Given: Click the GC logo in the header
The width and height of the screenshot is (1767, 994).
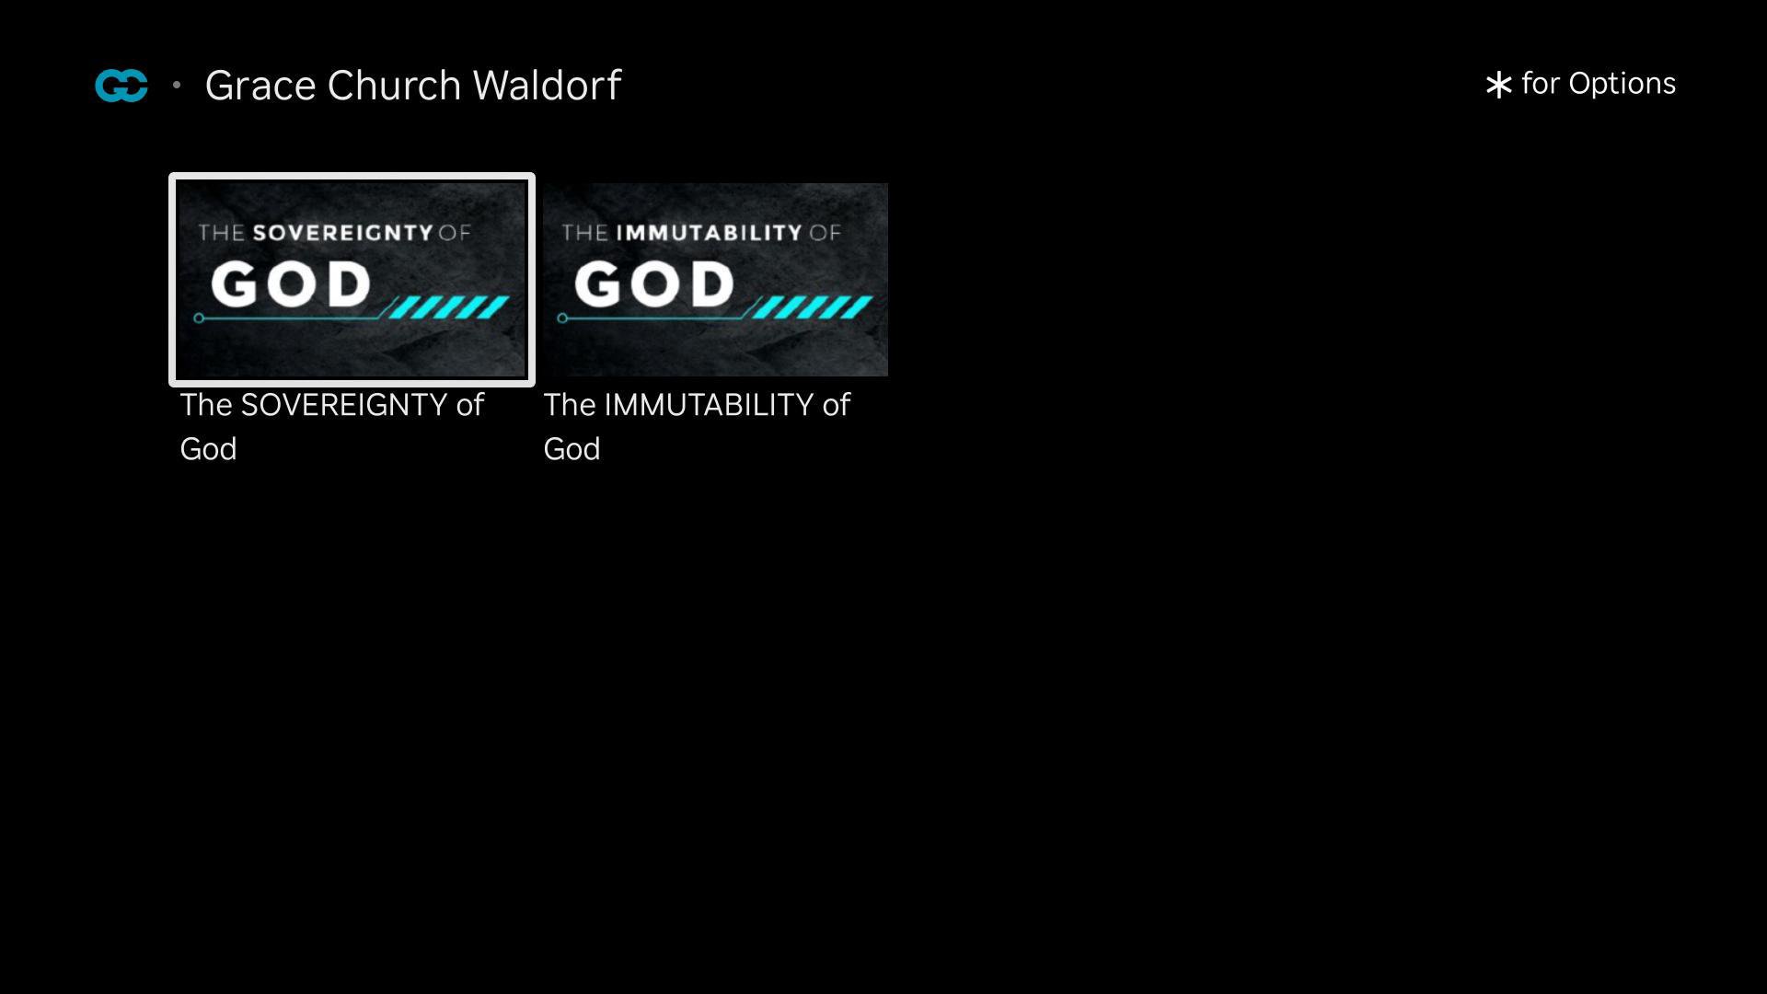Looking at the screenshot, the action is (121, 86).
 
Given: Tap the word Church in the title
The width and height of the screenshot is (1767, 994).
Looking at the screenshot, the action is (394, 85).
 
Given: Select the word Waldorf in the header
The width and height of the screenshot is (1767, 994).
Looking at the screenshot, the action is (548, 85).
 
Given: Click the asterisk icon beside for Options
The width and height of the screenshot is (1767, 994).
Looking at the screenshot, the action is (1498, 85).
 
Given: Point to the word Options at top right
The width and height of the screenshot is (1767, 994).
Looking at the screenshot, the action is (1622, 85).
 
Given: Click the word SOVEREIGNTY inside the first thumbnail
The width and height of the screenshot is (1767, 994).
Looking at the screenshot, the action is (342, 232).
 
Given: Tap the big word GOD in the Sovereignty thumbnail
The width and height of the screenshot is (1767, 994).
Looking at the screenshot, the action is (291, 283).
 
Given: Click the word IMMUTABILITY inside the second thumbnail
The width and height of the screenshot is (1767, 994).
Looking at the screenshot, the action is (709, 232).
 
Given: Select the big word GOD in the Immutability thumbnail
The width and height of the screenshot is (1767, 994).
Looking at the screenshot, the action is (654, 283).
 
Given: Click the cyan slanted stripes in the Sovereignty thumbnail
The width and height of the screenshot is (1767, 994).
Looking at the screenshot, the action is (449, 307).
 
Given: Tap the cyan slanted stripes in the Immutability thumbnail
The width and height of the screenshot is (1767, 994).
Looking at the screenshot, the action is (813, 307).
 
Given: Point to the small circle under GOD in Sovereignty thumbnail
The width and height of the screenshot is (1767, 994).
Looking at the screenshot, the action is (199, 318).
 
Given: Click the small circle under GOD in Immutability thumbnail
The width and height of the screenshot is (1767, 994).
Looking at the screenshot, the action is (562, 318).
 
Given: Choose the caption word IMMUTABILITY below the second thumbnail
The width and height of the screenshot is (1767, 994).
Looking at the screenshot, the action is (709, 405).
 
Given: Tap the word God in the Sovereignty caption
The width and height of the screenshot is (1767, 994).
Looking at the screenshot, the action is (208, 449).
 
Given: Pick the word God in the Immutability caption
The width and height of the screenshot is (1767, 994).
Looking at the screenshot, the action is (572, 449).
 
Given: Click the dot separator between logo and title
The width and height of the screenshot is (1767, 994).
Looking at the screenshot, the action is (177, 86).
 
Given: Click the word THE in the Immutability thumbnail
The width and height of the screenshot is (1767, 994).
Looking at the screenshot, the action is (584, 232).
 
